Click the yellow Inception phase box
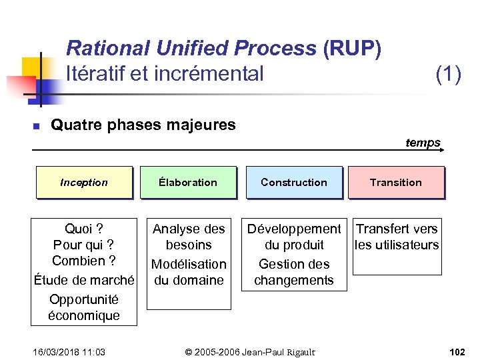coord(84,182)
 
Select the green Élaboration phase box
coord(188,182)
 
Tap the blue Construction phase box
coord(294,182)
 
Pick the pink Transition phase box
coord(396,182)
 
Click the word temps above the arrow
coord(423,143)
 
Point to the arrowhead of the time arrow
coord(442,151)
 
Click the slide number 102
coord(457,351)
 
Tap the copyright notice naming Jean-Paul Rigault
coord(250,351)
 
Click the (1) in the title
coord(448,73)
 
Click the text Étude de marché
coord(84,280)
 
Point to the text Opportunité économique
coord(84,307)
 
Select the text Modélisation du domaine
coord(189,272)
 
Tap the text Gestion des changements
coord(294,272)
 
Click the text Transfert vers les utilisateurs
coord(397,237)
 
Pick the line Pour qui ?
coord(84,245)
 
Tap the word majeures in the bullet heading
coord(203,125)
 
